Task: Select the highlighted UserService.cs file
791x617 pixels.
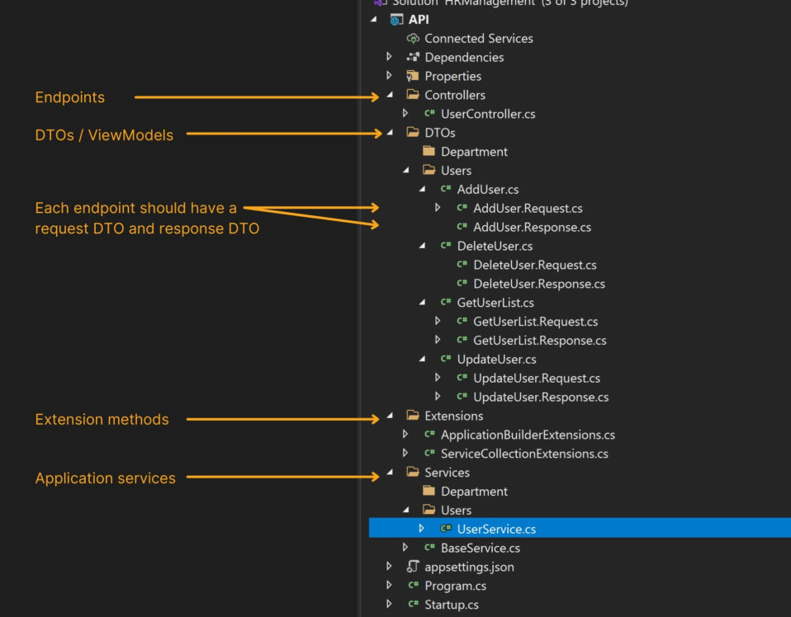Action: tap(496, 529)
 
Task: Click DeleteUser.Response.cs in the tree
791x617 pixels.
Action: tap(538, 284)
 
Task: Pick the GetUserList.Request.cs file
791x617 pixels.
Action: tap(535, 322)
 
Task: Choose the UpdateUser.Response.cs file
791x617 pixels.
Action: tap(541, 397)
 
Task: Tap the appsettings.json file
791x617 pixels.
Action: tap(469, 567)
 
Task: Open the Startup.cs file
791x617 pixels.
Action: tap(451, 605)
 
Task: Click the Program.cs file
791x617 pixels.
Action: tap(455, 586)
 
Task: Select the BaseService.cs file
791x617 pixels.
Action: tap(480, 548)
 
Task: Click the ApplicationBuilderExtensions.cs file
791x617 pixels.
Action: tap(528, 435)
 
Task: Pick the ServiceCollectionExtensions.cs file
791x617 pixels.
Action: tap(524, 454)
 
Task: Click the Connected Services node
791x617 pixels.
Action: tap(478, 38)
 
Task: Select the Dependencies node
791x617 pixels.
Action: tap(464, 57)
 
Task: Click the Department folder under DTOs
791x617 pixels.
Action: tap(474, 152)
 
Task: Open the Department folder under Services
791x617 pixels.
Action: tap(474, 492)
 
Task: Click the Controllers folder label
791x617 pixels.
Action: tap(455, 95)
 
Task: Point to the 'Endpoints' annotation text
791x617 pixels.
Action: tap(70, 97)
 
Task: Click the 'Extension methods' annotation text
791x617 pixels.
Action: tap(102, 419)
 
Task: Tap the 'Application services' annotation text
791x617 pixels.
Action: tap(105, 478)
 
